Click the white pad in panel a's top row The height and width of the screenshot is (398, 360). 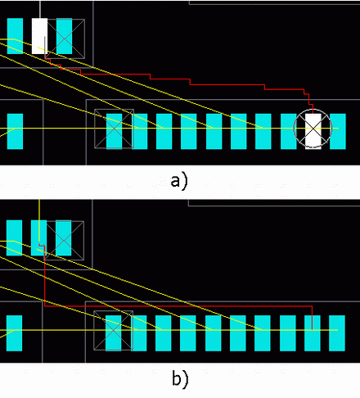(39, 36)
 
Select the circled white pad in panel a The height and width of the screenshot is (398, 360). (313, 131)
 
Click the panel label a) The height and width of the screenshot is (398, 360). (179, 182)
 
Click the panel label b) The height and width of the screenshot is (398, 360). (180, 378)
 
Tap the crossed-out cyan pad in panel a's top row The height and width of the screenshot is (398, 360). (65, 36)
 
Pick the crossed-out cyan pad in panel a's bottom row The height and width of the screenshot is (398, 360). (114, 131)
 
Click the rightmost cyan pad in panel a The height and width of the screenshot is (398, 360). (338, 131)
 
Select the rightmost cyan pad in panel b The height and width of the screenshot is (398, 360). (337, 333)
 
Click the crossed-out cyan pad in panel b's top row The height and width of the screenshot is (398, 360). (64, 238)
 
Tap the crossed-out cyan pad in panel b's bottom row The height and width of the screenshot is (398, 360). (113, 333)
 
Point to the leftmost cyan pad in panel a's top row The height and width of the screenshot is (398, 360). (15, 36)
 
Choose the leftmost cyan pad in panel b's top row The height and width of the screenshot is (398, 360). (14, 238)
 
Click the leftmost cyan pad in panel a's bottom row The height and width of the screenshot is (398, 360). (15, 131)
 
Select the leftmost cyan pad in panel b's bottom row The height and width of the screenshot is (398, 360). (14, 333)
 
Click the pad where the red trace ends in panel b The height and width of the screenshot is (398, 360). (313, 333)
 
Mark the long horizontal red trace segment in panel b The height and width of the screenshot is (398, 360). (178, 306)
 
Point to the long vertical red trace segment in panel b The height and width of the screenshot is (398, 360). (44, 276)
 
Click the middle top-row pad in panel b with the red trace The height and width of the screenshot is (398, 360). (38, 238)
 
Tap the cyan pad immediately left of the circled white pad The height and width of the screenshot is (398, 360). (289, 131)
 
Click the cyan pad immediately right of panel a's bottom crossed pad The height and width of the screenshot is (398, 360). (139, 131)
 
